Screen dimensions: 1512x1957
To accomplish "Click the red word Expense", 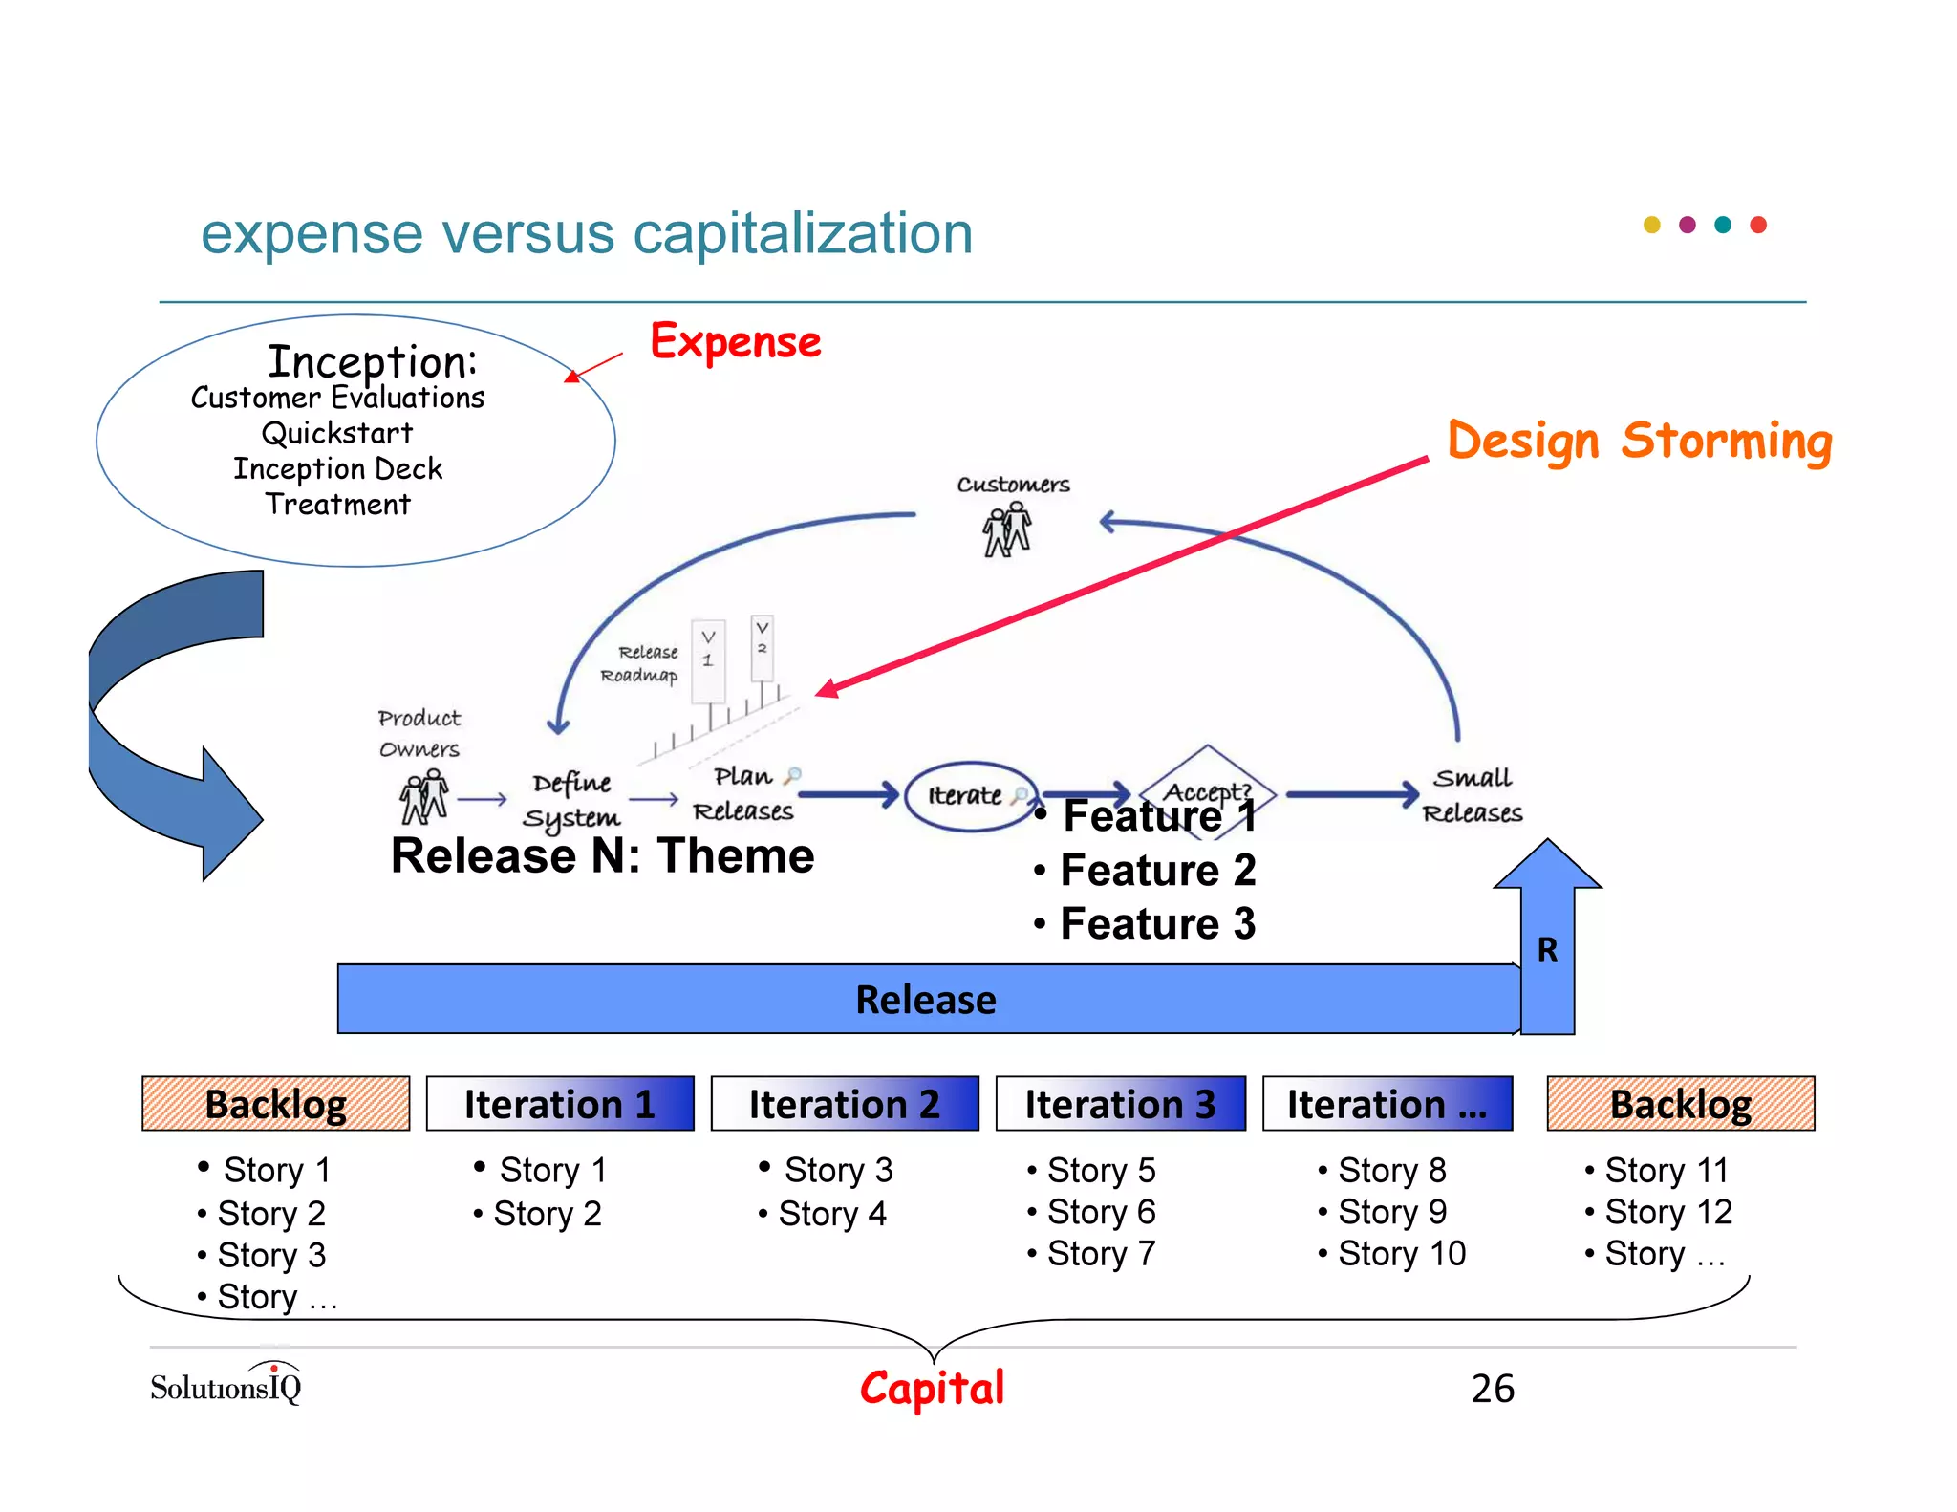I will pyautogui.click(x=735, y=342).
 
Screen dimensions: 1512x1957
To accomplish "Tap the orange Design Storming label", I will pyautogui.click(x=1639, y=441).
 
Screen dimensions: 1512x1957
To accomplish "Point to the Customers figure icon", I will pyautogui.click(x=1007, y=531).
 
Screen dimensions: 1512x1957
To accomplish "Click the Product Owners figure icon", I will pyautogui.click(x=423, y=799).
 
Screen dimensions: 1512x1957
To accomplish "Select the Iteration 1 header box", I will pyautogui.click(x=560, y=1104).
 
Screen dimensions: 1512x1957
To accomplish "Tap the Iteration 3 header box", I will pyautogui.click(x=1120, y=1104).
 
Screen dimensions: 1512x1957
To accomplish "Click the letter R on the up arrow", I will pyautogui.click(x=1547, y=950).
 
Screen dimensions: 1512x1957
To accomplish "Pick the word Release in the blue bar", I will pyautogui.click(x=925, y=1000).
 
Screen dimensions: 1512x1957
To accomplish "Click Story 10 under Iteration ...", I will pyautogui.click(x=1401, y=1253).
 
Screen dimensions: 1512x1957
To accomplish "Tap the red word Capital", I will pyautogui.click(x=932, y=1388).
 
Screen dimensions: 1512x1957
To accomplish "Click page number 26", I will pyautogui.click(x=1493, y=1389).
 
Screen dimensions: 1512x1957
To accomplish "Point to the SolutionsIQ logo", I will pyautogui.click(x=226, y=1385).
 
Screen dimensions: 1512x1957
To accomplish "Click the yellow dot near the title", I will pyautogui.click(x=1651, y=226).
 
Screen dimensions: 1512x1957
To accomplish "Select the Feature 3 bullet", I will pyautogui.click(x=1157, y=924).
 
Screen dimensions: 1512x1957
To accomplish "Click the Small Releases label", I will pyautogui.click(x=1472, y=795).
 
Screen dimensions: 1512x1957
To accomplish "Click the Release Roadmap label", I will pyautogui.click(x=639, y=663).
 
